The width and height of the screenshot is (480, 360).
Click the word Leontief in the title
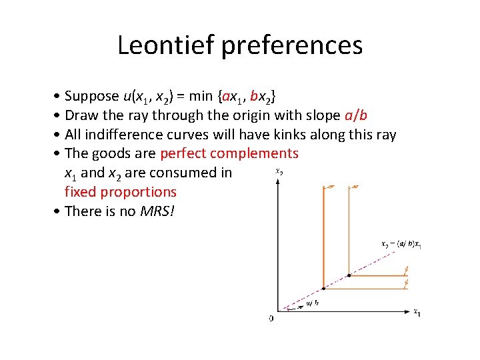click(x=169, y=45)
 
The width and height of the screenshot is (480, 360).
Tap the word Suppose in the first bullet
click(x=97, y=97)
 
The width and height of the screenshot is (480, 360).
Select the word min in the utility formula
click(x=201, y=97)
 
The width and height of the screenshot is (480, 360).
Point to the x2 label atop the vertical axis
click(x=279, y=171)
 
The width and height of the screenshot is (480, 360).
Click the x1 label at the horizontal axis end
click(x=417, y=311)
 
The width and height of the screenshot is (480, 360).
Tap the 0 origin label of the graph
click(x=271, y=318)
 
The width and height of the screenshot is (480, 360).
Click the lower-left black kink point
click(x=323, y=289)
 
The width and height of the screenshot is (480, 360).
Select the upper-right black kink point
click(x=349, y=275)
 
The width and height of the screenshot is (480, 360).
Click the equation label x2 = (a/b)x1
click(x=401, y=245)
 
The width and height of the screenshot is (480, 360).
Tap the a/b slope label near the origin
click(x=312, y=303)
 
